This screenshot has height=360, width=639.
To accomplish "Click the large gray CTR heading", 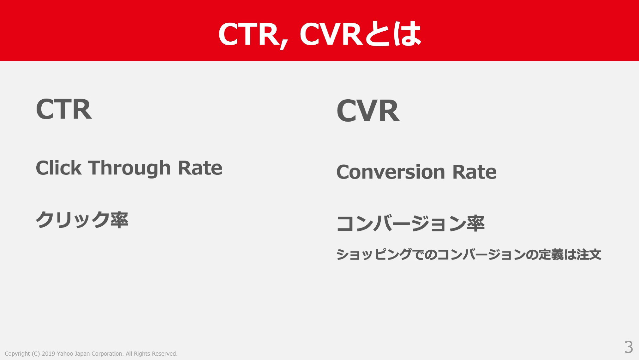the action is point(64,109).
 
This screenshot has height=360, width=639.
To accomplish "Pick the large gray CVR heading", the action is point(368,111).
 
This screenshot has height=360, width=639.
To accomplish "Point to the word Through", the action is point(129,168).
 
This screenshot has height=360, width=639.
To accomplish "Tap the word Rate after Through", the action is point(200,168).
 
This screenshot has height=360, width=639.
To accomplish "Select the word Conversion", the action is point(391,172).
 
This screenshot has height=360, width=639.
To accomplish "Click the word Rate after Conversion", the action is point(474,172).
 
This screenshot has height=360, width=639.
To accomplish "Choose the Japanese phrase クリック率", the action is point(82,220).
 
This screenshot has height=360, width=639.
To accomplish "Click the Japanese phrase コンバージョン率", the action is point(410,223).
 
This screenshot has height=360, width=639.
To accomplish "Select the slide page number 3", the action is point(628,347).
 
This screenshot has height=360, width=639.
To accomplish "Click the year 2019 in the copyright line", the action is point(48,354).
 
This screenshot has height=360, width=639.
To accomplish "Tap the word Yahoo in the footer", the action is point(65,354).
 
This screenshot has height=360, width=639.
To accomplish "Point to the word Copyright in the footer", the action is point(17,354).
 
